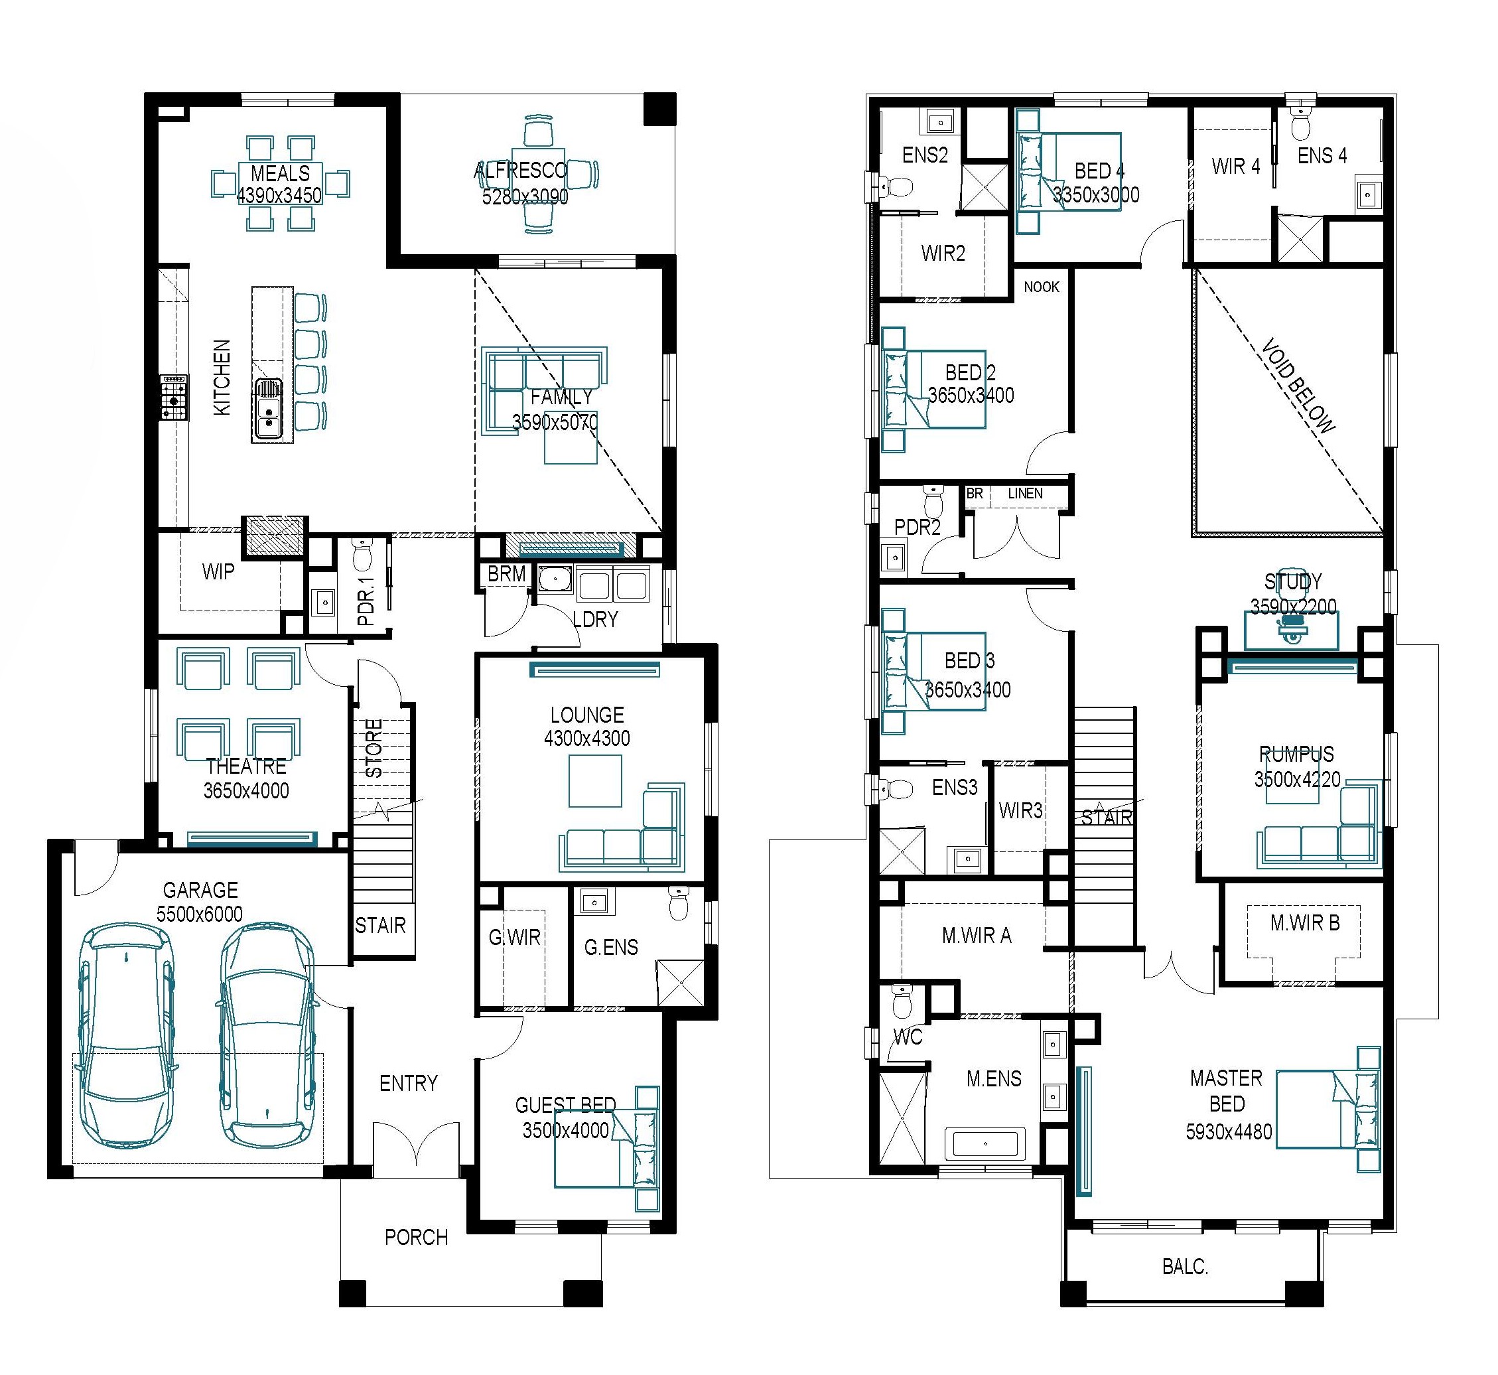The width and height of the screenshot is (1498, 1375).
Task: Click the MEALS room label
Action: (280, 173)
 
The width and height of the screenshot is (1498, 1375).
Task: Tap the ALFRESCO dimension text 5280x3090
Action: (525, 196)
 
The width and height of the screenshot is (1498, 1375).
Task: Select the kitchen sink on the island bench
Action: (269, 409)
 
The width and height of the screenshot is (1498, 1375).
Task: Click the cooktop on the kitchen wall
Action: (173, 398)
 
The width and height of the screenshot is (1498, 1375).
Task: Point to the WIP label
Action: (218, 571)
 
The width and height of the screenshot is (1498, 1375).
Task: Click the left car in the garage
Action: (128, 1036)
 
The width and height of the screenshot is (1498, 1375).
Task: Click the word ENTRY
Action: (409, 1082)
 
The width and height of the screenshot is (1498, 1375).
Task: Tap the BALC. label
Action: (1185, 1266)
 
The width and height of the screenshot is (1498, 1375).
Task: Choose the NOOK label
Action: (1042, 287)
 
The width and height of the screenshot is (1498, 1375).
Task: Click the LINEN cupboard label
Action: (1025, 493)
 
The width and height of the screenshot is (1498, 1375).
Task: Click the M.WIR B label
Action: (1305, 922)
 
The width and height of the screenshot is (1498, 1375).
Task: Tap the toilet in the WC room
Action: (902, 1001)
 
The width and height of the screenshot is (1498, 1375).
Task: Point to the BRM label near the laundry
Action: (507, 573)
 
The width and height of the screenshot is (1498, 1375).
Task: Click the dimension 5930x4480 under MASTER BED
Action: (1229, 1132)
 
